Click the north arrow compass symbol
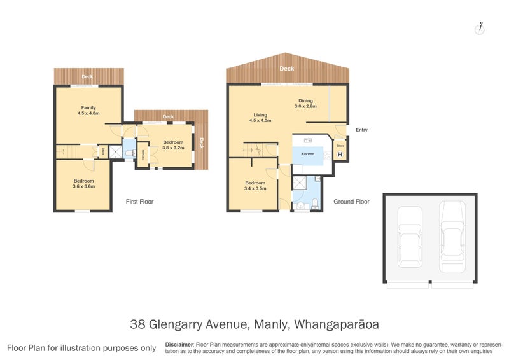pyautogui.click(x=481, y=27)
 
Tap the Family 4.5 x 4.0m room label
pyautogui.click(x=88, y=111)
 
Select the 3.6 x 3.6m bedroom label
pyautogui.click(x=83, y=183)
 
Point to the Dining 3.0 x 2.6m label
pyautogui.click(x=305, y=104)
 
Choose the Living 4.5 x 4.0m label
pyautogui.click(x=260, y=117)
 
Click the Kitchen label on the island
pyautogui.click(x=307, y=155)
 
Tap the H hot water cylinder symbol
pyautogui.click(x=340, y=155)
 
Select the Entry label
pyautogui.click(x=361, y=130)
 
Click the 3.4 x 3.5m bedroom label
pyautogui.click(x=255, y=186)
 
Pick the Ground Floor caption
pyautogui.click(x=351, y=202)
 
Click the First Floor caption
pyautogui.click(x=139, y=202)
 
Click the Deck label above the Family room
pyautogui.click(x=87, y=77)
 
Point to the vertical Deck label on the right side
pyautogui.click(x=202, y=142)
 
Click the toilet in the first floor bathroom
pyautogui.click(x=129, y=153)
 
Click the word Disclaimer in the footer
pyautogui.click(x=179, y=344)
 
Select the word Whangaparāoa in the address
pyautogui.click(x=335, y=324)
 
